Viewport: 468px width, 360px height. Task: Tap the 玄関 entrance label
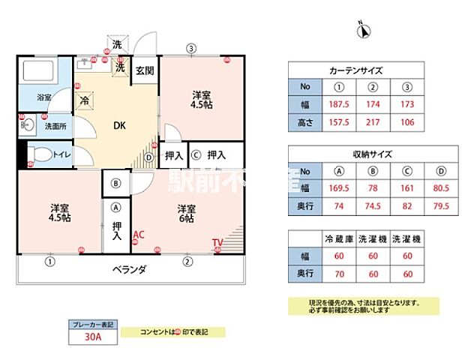[145, 70]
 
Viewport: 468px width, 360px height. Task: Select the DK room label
[119, 126]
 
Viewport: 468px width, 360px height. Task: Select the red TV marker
[217, 242]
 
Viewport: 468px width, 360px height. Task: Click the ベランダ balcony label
[129, 269]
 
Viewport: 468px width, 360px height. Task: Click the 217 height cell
[374, 121]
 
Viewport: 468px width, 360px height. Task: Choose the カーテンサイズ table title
[357, 70]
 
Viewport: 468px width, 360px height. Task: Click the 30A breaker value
[92, 337]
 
